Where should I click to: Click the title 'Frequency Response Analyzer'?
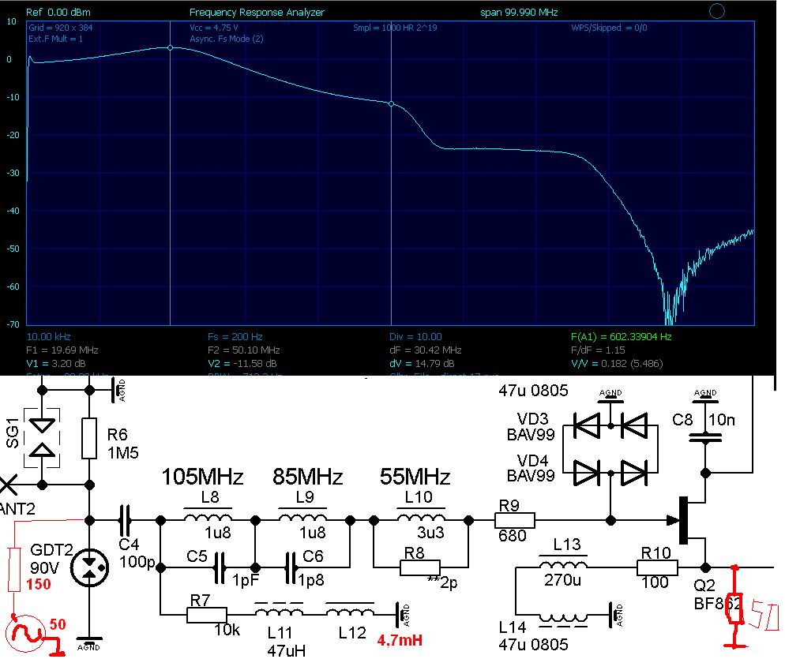point(257,13)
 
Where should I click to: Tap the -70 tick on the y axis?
point(12,324)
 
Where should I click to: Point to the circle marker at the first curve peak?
point(171,47)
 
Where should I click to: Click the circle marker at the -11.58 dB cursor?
point(391,103)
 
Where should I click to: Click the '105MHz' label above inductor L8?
point(202,477)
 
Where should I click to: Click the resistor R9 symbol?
point(514,520)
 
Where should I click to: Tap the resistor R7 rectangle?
point(208,613)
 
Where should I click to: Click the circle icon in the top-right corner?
point(717,11)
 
